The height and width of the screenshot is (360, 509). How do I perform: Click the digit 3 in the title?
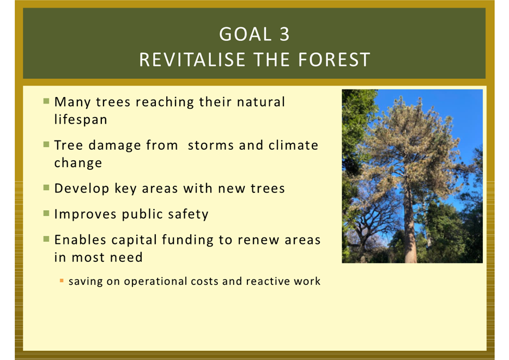(284, 34)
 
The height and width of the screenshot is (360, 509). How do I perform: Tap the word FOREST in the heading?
(334, 60)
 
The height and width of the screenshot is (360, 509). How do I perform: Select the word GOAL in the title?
(245, 34)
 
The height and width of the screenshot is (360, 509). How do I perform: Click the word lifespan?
(81, 119)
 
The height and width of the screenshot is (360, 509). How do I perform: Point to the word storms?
(211, 145)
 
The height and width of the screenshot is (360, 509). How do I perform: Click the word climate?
(293, 145)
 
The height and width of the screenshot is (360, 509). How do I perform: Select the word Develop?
(82, 188)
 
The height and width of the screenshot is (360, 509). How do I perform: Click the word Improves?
(85, 215)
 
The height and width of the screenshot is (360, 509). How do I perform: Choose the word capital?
(134, 240)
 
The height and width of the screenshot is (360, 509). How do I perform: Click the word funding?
(187, 240)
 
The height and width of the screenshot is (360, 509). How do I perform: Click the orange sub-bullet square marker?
(62, 281)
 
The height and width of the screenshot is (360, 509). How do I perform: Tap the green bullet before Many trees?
(46, 101)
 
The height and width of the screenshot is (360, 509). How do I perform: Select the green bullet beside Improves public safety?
(46, 213)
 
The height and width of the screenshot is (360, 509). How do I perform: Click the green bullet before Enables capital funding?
(46, 239)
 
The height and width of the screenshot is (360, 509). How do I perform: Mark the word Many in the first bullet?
(72, 102)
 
